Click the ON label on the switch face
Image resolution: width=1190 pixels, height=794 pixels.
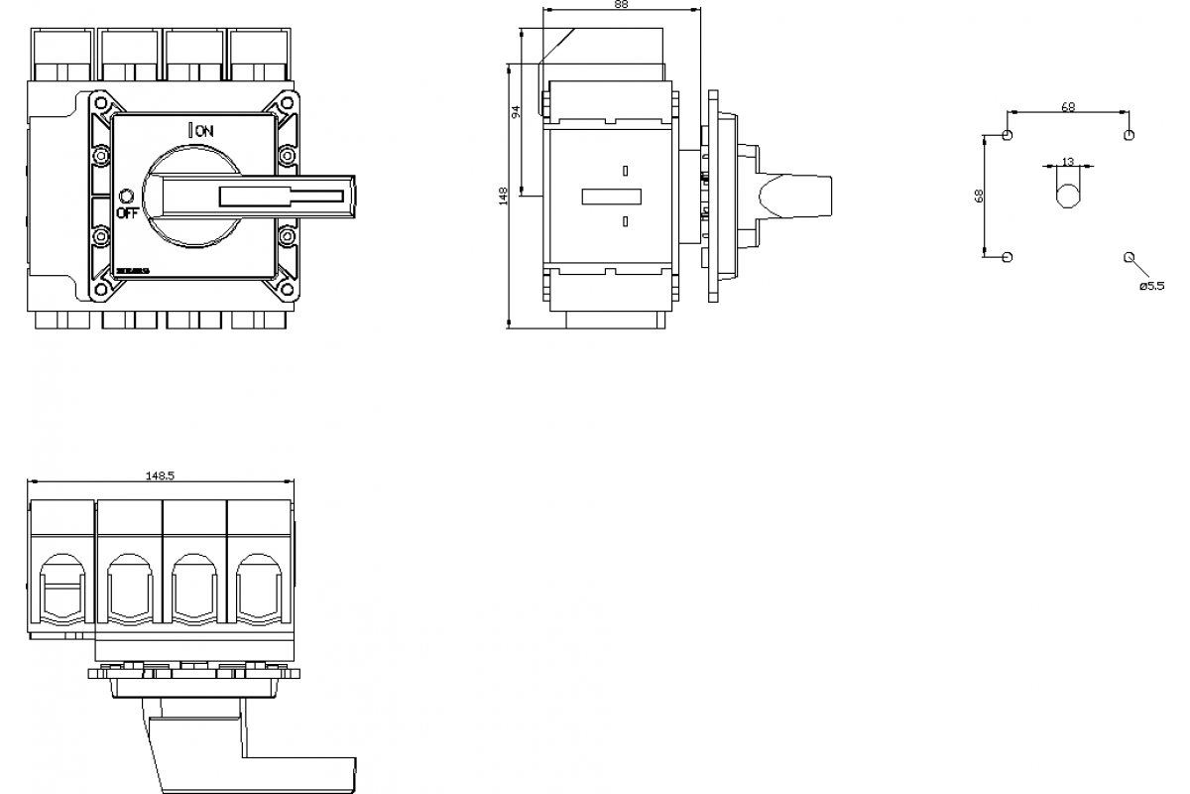pyautogui.click(x=204, y=130)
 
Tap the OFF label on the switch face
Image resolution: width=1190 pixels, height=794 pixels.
pyautogui.click(x=128, y=211)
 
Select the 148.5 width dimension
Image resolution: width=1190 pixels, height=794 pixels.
pyautogui.click(x=160, y=475)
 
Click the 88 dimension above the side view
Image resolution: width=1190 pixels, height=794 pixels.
pyautogui.click(x=621, y=5)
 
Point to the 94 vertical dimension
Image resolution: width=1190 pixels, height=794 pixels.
pyautogui.click(x=516, y=112)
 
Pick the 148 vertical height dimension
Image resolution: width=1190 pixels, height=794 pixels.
pyautogui.click(x=503, y=196)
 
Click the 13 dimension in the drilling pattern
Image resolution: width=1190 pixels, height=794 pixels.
pyautogui.click(x=1067, y=161)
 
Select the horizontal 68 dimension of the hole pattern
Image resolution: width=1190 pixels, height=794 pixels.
pyautogui.click(x=1067, y=107)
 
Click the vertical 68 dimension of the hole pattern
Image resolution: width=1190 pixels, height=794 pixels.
pyautogui.click(x=979, y=196)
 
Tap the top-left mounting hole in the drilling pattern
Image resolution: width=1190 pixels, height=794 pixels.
pyautogui.click(x=1008, y=135)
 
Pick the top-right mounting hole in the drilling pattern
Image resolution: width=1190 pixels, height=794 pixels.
pyautogui.click(x=1129, y=135)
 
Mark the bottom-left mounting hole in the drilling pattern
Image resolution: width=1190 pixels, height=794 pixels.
pyautogui.click(x=1008, y=257)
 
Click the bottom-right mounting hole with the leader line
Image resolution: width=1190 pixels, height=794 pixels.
pyautogui.click(x=1129, y=257)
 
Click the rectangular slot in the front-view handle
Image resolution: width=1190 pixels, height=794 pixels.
pyautogui.click(x=254, y=196)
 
